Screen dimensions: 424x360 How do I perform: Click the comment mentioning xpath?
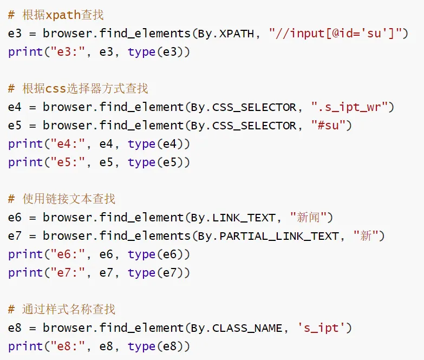(56, 15)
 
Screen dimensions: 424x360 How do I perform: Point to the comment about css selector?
(79, 89)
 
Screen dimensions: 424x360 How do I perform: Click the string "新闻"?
(311, 218)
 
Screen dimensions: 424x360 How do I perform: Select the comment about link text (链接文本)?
(62, 199)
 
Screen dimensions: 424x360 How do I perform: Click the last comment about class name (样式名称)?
(62, 310)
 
